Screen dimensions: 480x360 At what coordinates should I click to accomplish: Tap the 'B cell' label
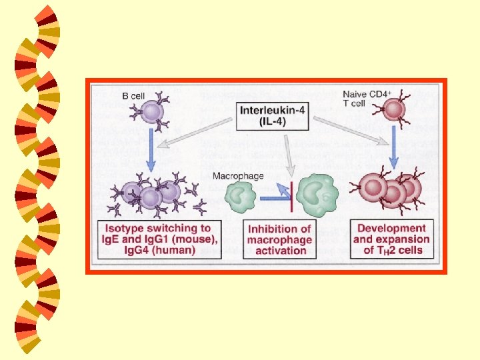coord(133,96)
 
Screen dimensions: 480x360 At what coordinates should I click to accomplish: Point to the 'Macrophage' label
coord(238,176)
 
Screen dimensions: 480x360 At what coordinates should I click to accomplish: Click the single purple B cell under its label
coord(153,112)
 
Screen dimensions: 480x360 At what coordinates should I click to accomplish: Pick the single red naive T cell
coord(395,110)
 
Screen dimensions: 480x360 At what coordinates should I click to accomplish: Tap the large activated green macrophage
coord(316,196)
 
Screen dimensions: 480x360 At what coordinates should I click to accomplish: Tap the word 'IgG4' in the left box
coord(117,250)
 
